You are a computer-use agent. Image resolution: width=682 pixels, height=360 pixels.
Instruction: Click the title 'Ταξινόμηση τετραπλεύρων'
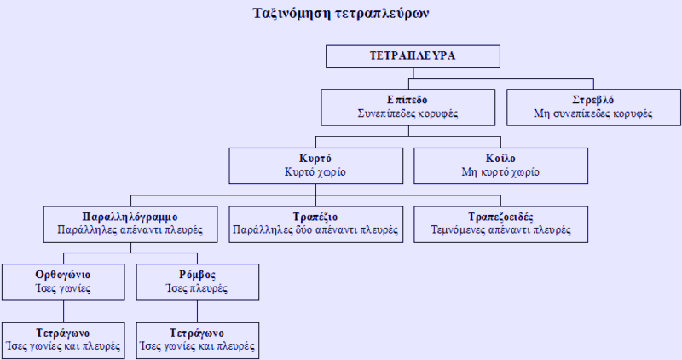pos(340,14)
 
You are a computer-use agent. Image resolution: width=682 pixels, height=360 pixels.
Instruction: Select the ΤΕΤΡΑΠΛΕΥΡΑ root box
pos(413,56)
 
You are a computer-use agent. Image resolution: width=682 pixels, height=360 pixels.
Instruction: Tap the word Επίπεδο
pos(407,100)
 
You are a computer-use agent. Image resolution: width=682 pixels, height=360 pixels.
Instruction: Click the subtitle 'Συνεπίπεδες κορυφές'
pos(407,113)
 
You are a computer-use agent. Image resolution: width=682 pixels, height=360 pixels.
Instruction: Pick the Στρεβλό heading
pos(593,100)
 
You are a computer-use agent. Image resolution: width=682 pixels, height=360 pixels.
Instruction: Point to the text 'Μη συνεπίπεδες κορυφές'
pos(593,113)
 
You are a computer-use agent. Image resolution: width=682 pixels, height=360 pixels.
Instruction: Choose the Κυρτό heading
pos(315,159)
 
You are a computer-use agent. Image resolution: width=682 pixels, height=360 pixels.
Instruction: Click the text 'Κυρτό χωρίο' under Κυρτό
pos(315,172)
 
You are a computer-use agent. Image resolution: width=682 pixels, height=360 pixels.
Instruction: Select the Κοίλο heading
pos(500,159)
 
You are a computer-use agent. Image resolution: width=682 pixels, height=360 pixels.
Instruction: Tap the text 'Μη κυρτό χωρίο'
pos(500,172)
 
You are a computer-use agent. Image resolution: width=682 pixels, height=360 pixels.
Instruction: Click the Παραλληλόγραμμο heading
pos(130,217)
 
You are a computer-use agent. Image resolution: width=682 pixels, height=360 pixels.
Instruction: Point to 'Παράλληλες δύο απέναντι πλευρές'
pos(315,229)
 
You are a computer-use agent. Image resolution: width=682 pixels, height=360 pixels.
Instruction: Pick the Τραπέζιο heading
pos(315,217)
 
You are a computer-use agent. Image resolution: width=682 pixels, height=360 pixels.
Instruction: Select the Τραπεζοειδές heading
pos(500,217)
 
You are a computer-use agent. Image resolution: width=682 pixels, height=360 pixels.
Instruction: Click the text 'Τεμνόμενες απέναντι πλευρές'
pos(500,229)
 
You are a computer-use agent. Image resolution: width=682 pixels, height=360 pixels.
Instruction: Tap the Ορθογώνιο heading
pos(63,275)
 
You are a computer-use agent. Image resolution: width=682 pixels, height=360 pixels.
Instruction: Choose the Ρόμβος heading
pos(197,275)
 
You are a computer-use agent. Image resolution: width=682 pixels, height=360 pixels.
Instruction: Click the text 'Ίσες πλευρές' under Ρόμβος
pos(197,288)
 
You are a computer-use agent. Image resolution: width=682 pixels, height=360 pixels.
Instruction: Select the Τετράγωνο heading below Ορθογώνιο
pos(63,334)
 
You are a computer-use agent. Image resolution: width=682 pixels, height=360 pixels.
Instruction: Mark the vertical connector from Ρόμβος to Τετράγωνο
pos(197,311)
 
